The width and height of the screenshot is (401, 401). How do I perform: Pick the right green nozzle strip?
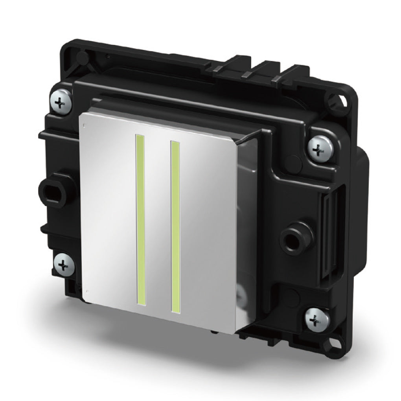175,228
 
